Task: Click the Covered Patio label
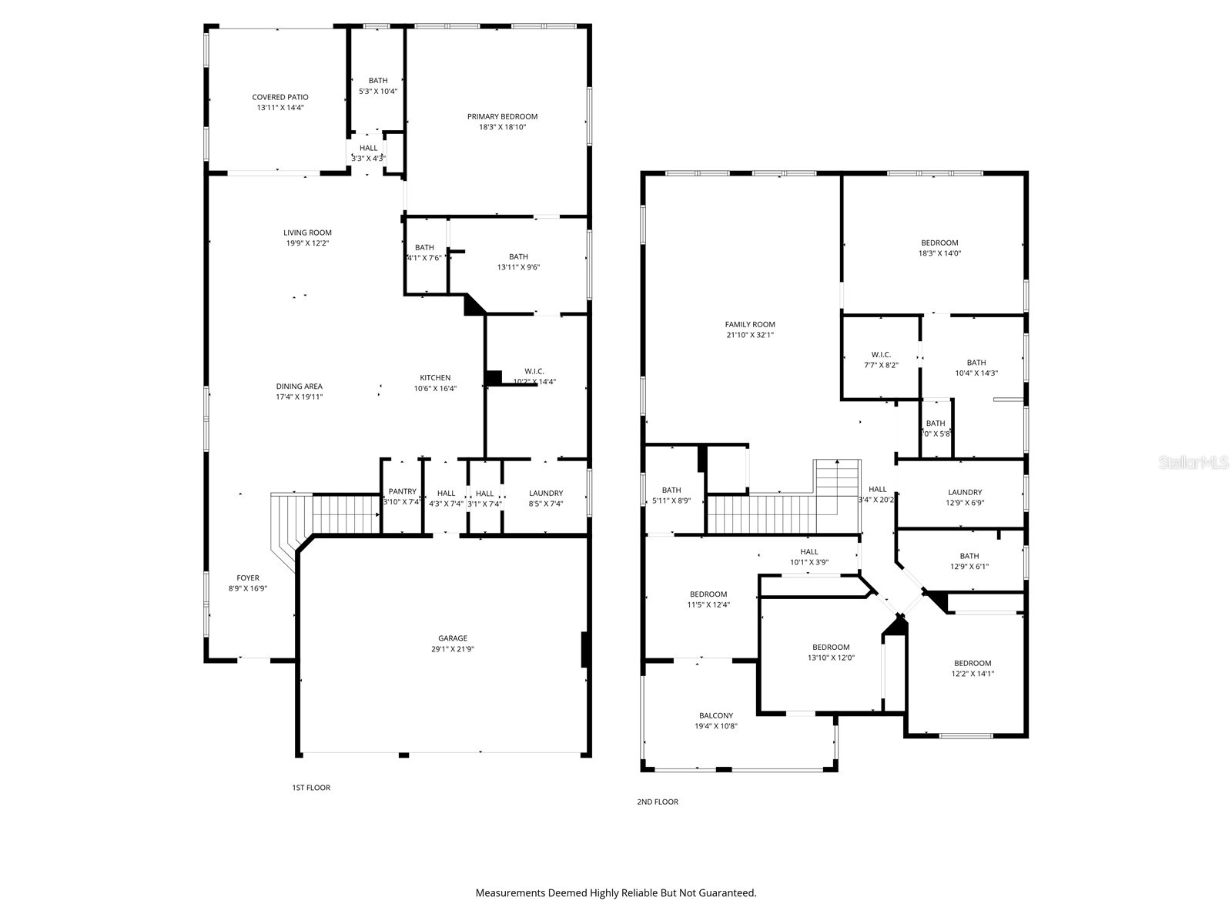point(280,97)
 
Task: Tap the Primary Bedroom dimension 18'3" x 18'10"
point(502,127)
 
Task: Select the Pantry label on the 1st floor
point(402,491)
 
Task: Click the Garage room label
point(453,638)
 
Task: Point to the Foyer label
point(248,577)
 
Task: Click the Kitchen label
point(435,377)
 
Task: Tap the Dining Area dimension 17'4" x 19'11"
point(300,397)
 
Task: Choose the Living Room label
point(307,233)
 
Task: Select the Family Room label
point(750,324)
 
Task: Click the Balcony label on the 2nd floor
point(716,715)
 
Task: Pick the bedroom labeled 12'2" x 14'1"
point(973,668)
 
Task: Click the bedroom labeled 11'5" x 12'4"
point(708,599)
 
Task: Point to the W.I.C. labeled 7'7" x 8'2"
point(881,360)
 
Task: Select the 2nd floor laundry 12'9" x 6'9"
point(965,497)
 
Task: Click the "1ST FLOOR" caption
point(311,788)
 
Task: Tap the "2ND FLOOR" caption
point(658,802)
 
